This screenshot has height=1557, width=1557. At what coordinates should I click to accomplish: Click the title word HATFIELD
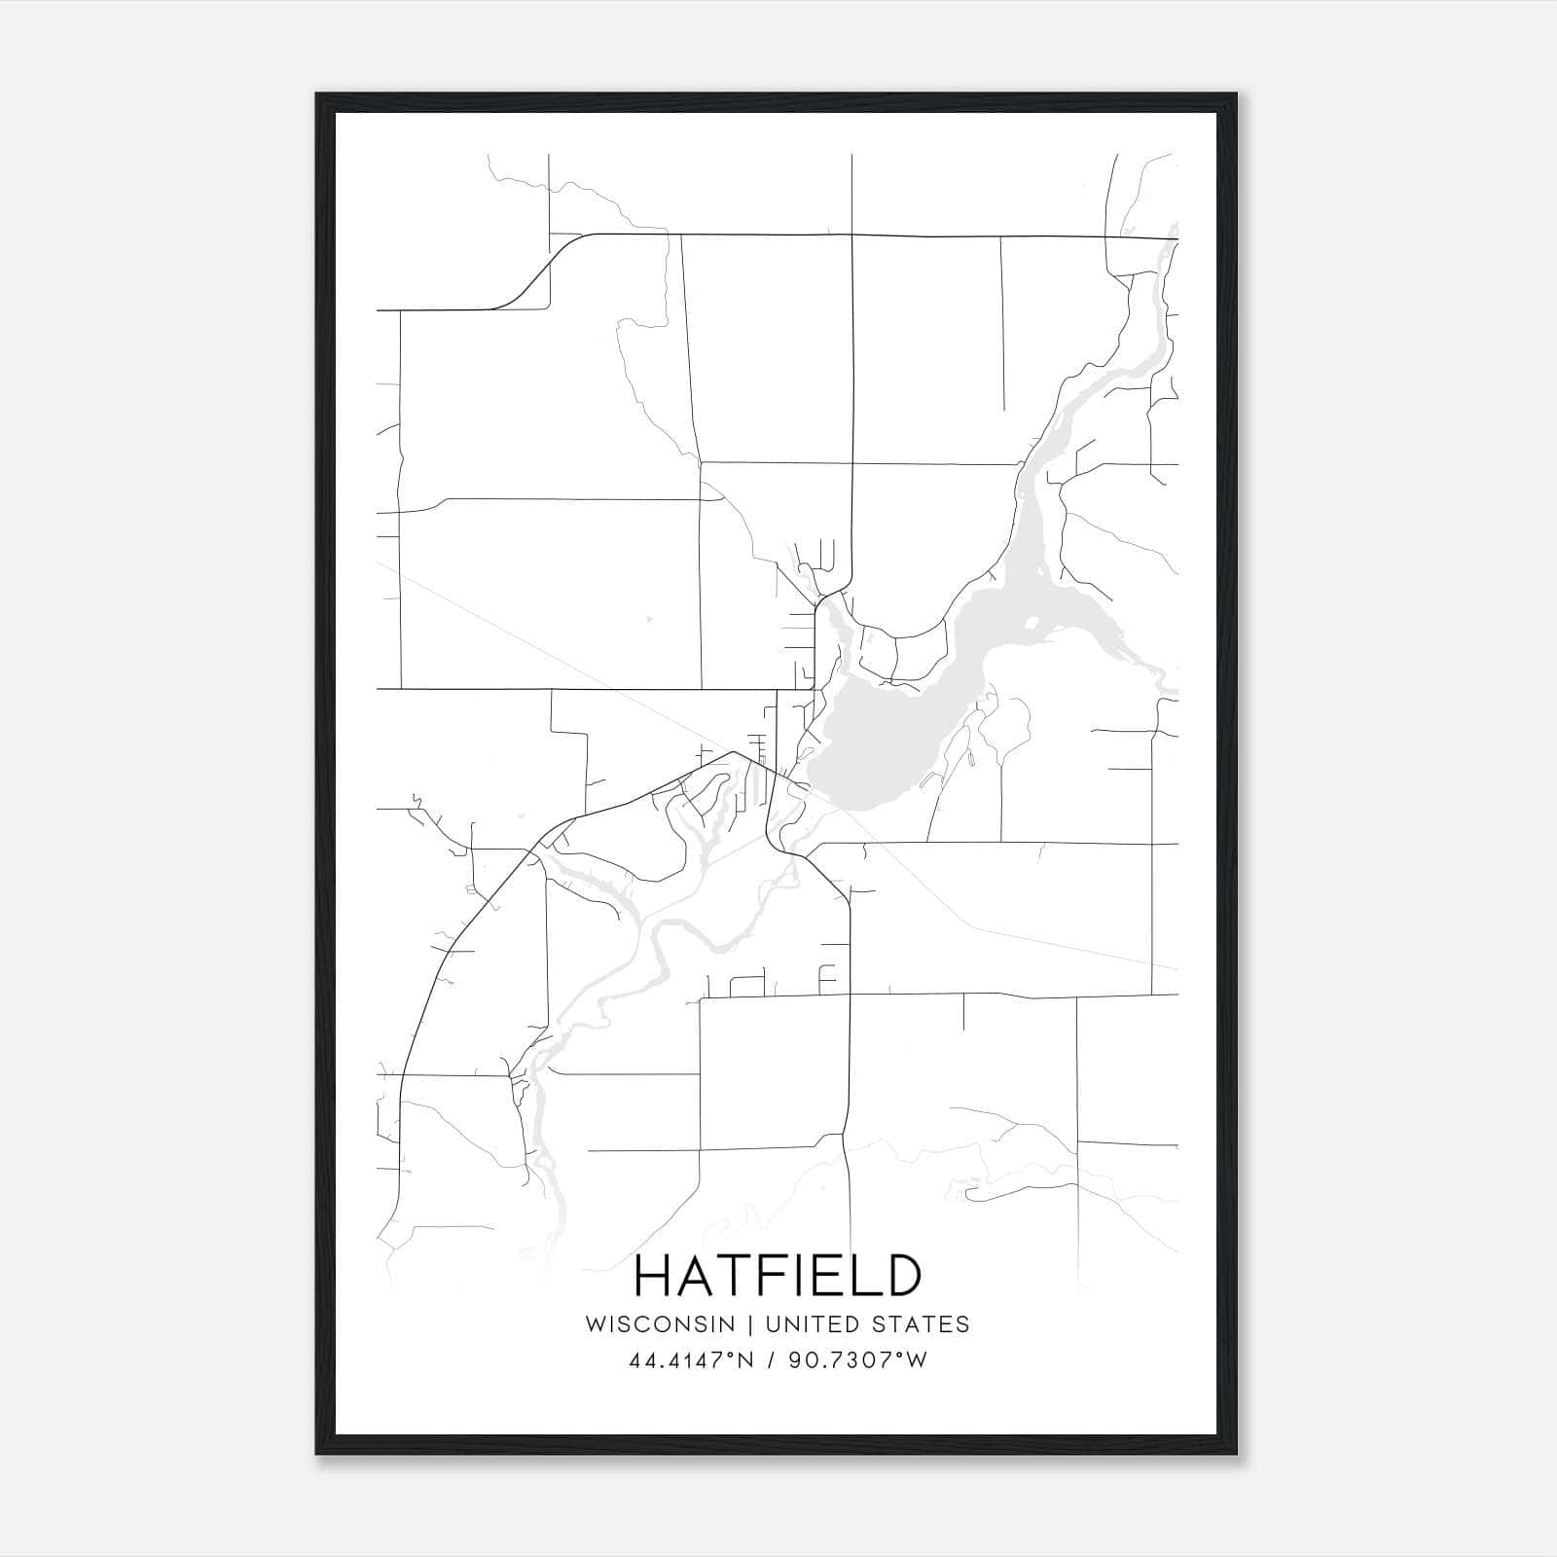(778, 1276)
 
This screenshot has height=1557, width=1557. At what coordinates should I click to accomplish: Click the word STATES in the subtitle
(920, 1323)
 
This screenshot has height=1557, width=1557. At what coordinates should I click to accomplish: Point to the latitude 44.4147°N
(691, 1360)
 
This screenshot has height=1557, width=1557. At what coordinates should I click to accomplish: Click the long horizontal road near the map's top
(876, 235)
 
